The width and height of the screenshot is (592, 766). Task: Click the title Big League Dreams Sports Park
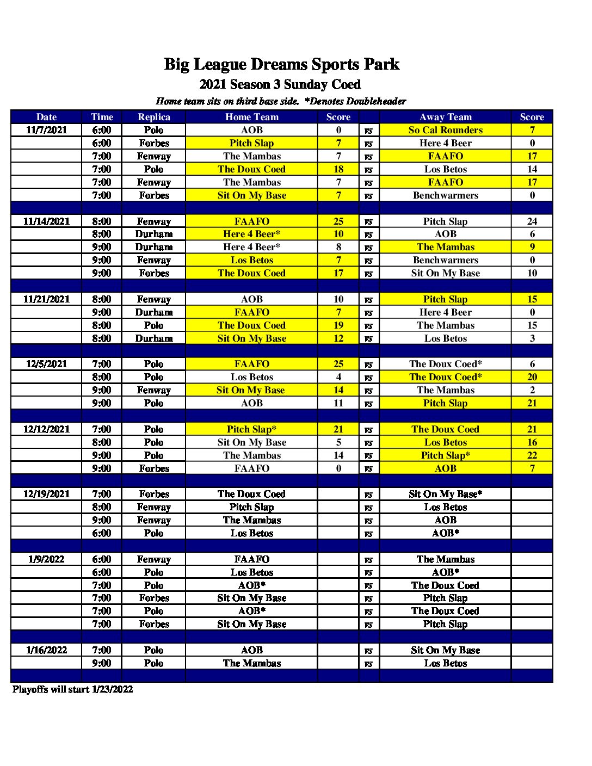[x=281, y=64]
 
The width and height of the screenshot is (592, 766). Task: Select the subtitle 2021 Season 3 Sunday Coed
[x=280, y=84]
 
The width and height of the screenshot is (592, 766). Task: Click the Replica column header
[x=154, y=117]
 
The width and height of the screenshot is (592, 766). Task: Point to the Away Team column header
[x=445, y=117]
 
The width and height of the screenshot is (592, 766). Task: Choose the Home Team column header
[x=251, y=117]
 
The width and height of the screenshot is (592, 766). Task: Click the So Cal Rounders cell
[x=445, y=130]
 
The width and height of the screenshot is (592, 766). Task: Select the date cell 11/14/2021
[x=46, y=221]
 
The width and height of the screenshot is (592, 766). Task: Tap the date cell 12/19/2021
[x=46, y=494]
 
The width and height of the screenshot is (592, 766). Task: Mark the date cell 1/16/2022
[x=46, y=650]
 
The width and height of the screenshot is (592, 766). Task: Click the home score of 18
[x=338, y=169]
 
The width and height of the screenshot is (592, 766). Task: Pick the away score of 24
[x=532, y=221]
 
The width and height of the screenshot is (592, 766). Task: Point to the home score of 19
[x=338, y=325]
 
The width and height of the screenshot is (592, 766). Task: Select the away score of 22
[x=532, y=455]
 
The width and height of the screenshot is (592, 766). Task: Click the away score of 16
[x=532, y=442]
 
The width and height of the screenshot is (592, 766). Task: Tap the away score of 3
[x=532, y=338]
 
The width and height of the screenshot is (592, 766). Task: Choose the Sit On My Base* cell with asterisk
[x=445, y=494]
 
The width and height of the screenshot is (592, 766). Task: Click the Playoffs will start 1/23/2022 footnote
[x=72, y=689]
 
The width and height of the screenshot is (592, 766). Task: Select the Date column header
[x=46, y=117]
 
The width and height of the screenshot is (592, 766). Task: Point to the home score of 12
[x=338, y=338]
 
